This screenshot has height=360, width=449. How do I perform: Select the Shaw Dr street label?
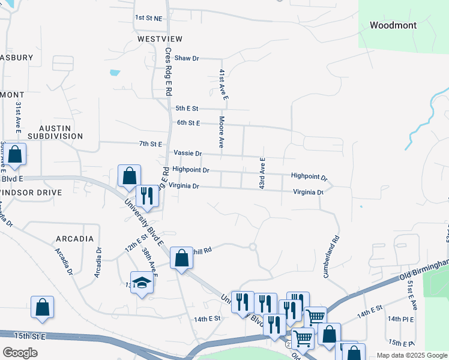pyautogui.click(x=187, y=58)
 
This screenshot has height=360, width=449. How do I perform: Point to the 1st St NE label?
pyautogui.click(x=148, y=18)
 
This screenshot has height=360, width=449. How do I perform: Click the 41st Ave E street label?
pyautogui.click(x=222, y=84)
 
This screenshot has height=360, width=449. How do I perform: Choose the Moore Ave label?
pyautogui.click(x=221, y=133)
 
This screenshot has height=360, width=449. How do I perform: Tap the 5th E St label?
pyautogui.click(x=187, y=109)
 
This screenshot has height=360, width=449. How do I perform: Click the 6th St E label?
pyautogui.click(x=188, y=123)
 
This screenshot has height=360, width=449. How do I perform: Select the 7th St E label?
pyautogui.click(x=151, y=144)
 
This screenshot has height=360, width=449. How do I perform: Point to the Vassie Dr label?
pyautogui.click(x=187, y=154)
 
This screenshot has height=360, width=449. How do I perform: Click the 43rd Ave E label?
pyautogui.click(x=262, y=174)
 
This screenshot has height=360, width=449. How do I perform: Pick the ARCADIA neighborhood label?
pyautogui.click(x=75, y=239)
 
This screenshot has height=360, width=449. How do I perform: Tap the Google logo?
pyautogui.click(x=20, y=353)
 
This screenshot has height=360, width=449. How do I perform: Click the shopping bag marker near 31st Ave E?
pyautogui.click(x=15, y=155)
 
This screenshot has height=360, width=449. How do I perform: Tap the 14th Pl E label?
pyautogui.click(x=400, y=319)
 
